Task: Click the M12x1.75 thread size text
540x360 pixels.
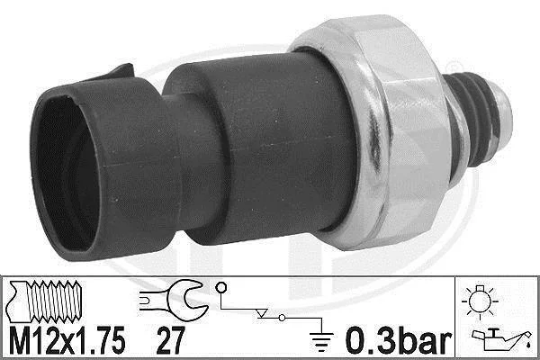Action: pos(67,340)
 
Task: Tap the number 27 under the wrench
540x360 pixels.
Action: pos(170,340)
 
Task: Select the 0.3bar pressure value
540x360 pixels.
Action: pos(399,340)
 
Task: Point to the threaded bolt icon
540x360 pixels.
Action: pos(45,301)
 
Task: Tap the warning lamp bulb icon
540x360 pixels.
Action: pos(480,301)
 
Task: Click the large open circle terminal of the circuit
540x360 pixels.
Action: pos(221,287)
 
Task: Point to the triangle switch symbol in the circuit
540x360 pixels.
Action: pos(262,313)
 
